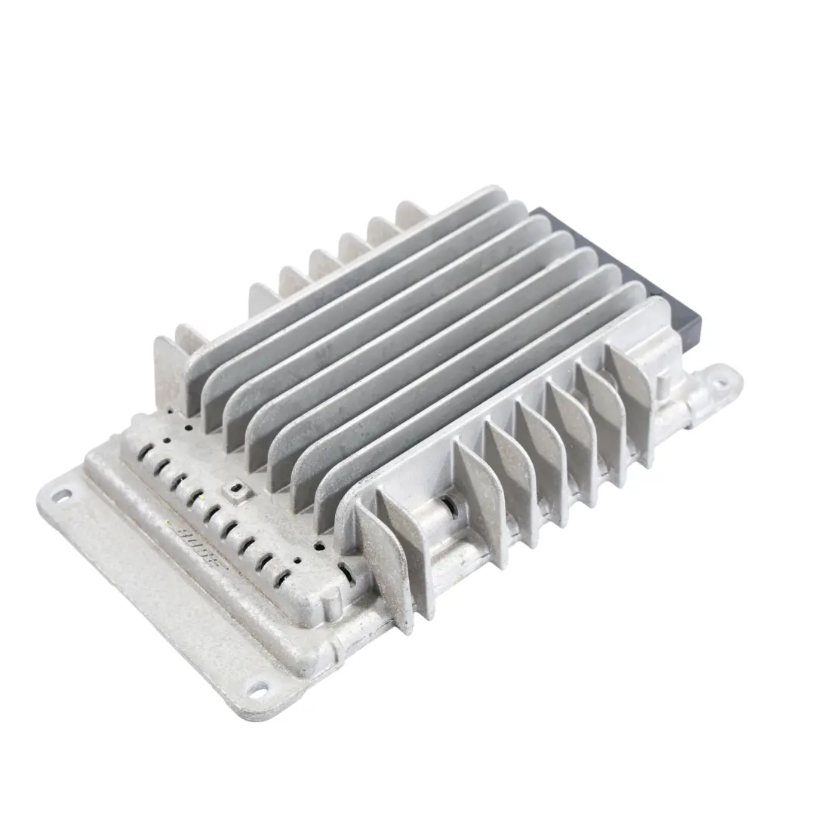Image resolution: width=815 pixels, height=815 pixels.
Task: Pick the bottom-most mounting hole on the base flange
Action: [x=259, y=688]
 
